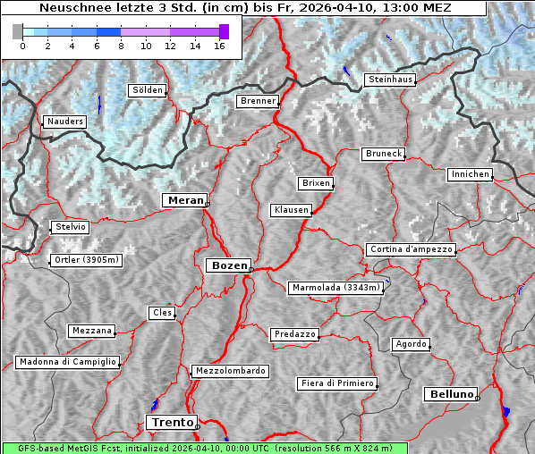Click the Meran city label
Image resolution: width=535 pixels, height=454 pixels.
183,200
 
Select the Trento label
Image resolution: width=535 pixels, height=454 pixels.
171,422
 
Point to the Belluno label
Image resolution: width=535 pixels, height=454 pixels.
450,393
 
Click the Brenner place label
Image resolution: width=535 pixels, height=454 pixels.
258,101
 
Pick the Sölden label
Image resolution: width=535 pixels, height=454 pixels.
148,90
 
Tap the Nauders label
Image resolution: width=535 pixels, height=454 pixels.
64,122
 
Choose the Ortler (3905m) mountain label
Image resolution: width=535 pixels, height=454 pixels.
84,260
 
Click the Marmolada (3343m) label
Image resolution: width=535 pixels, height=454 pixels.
336,288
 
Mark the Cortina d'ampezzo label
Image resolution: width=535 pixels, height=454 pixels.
411,249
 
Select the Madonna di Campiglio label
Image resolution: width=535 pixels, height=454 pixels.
67,362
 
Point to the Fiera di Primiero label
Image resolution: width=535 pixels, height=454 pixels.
336,383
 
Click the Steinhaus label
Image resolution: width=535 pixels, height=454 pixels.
390,80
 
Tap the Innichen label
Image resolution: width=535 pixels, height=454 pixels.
470,174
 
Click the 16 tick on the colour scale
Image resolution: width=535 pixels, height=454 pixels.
219,46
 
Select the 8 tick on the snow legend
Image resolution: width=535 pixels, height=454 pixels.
120,46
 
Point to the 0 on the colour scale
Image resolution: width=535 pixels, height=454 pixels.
22,46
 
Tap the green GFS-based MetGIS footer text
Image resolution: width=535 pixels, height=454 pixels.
204,448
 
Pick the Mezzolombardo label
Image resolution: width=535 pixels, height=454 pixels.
229,370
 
